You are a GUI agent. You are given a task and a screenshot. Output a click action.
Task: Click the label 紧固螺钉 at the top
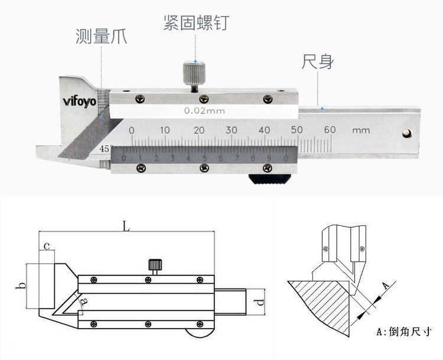tap(196, 22)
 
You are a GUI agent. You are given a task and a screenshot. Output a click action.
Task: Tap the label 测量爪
tap(101, 37)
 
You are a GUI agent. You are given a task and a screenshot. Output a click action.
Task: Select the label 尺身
tap(318, 61)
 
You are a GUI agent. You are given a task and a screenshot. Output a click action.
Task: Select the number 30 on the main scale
tap(232, 129)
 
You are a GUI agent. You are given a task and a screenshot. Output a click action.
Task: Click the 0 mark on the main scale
tap(132, 129)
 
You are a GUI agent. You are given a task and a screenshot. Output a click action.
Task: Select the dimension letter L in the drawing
tap(125, 225)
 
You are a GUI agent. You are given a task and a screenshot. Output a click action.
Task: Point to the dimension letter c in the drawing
tap(46, 244)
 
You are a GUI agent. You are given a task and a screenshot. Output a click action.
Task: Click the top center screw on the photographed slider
tap(203, 98)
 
